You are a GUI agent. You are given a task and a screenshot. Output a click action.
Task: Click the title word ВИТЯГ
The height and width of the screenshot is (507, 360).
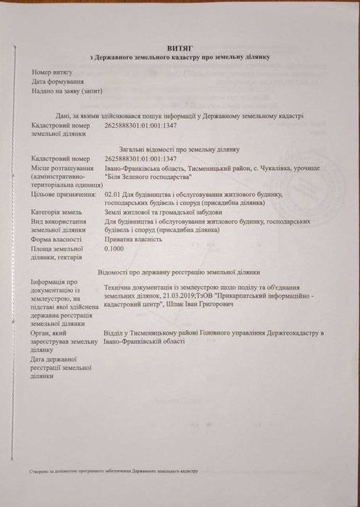point(179,46)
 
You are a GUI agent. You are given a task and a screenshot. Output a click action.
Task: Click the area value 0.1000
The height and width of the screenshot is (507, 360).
point(115,248)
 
